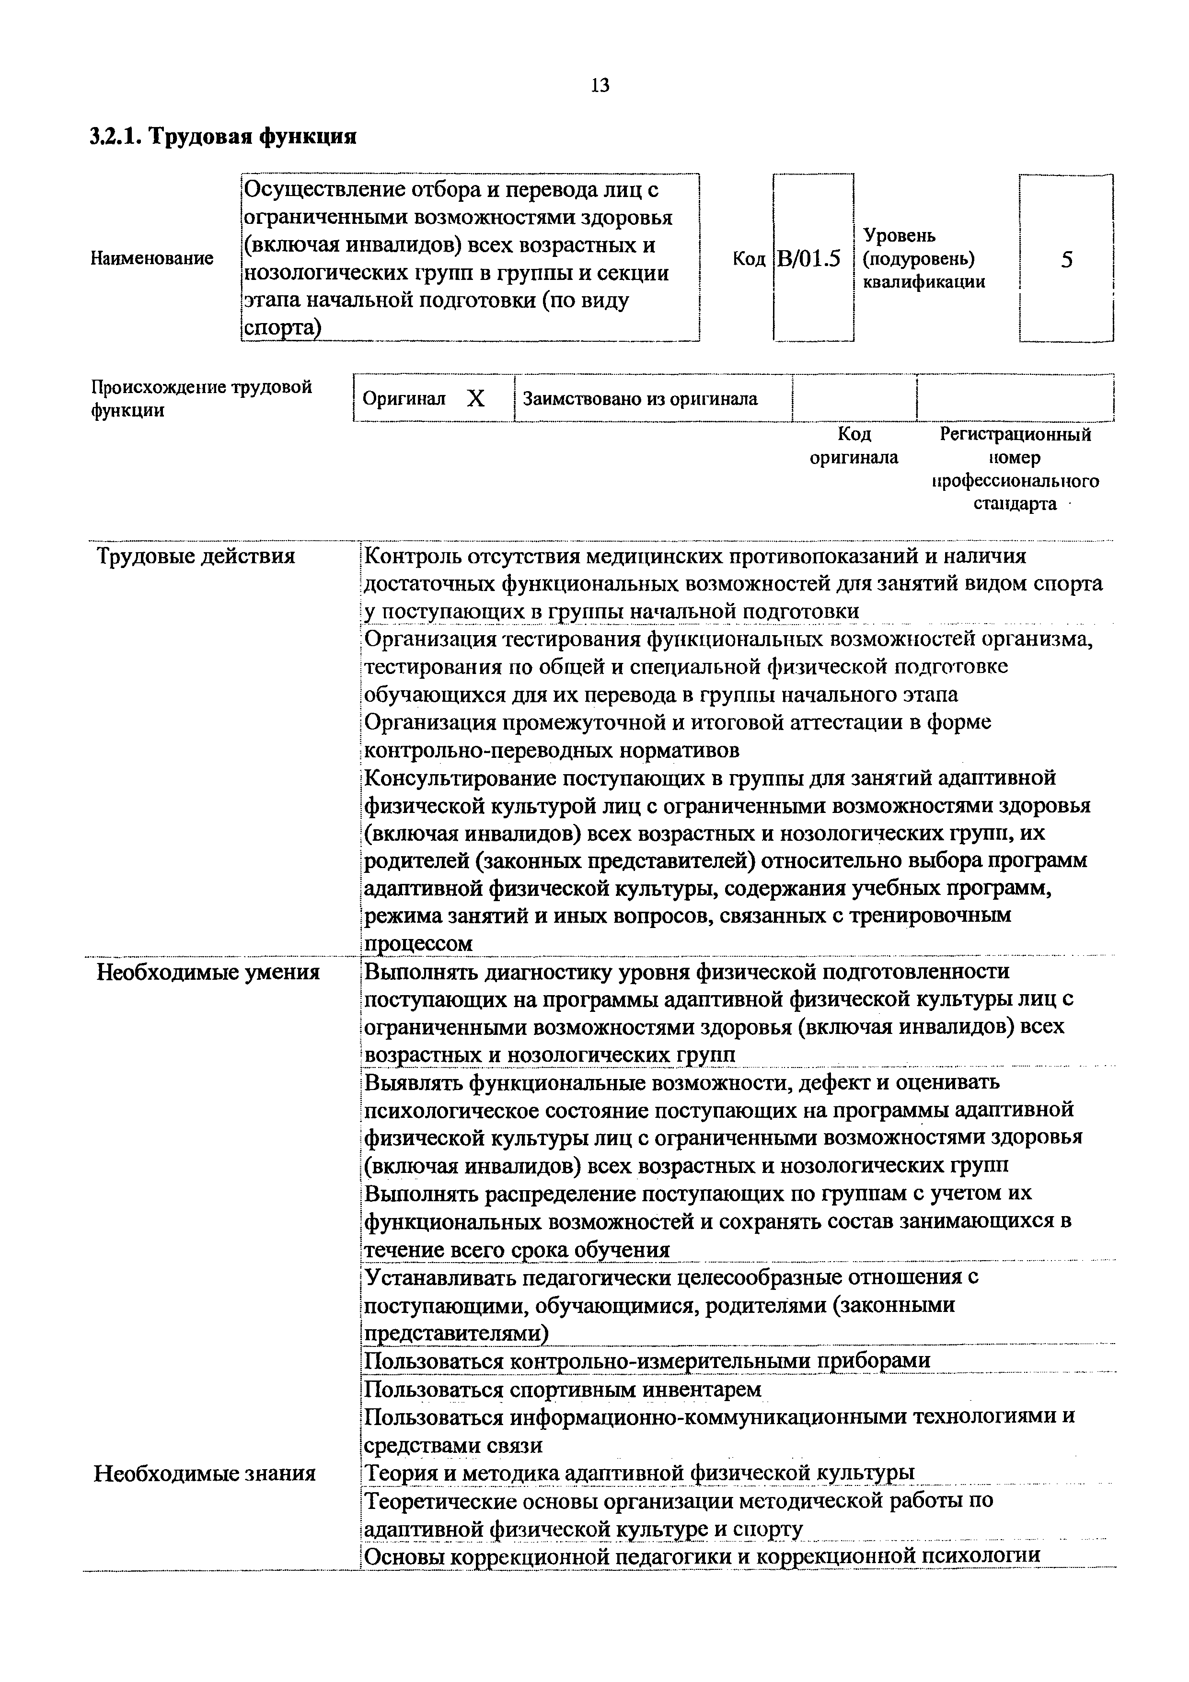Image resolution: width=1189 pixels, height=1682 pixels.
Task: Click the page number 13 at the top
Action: tap(599, 86)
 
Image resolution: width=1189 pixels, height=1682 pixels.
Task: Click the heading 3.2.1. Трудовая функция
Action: tap(223, 136)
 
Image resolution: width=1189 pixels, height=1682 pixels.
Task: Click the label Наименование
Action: tap(151, 258)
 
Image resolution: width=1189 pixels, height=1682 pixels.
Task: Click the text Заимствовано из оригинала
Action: tap(640, 399)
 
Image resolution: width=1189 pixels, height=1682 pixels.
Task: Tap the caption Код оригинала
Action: tap(854, 446)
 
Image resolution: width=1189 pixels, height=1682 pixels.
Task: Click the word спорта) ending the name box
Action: tap(282, 329)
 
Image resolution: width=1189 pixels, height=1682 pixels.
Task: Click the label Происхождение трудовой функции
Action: tap(201, 398)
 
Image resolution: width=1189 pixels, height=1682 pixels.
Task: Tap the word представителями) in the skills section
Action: tap(456, 1334)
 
